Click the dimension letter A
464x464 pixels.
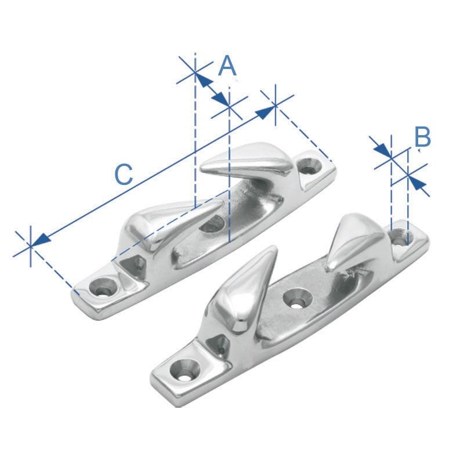[x=227, y=66]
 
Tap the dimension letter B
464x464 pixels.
[x=422, y=138]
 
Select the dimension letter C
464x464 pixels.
[x=123, y=174]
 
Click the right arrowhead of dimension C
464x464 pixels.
[x=266, y=111]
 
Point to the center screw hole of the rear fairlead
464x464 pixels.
[x=211, y=223]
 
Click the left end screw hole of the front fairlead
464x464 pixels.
[x=185, y=369]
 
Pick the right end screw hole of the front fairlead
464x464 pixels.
[x=400, y=236]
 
